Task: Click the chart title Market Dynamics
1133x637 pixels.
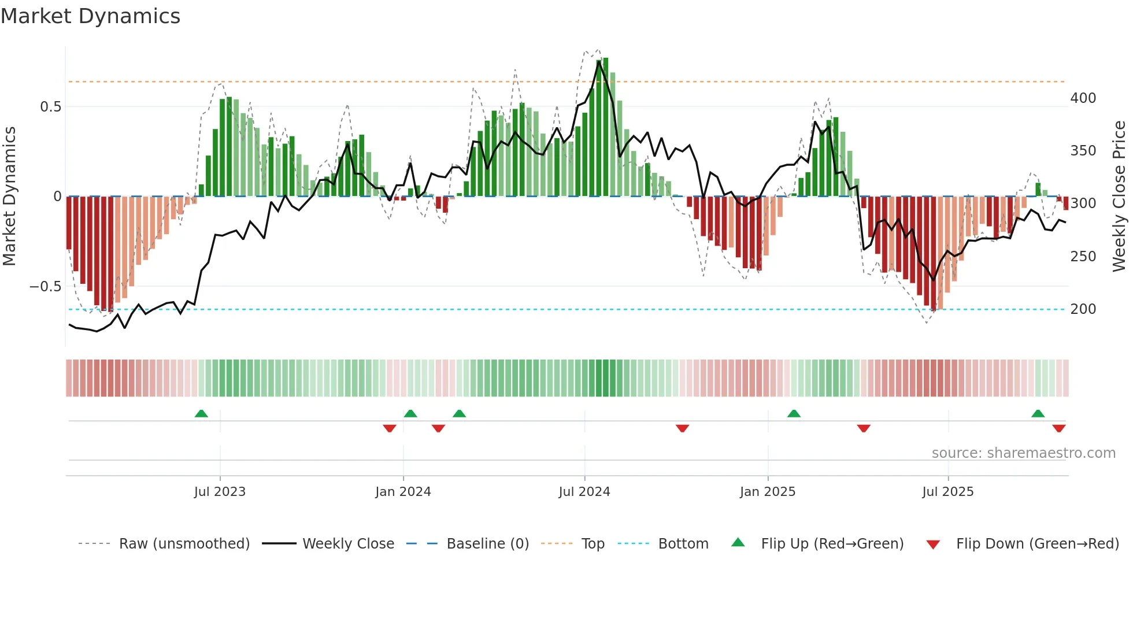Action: (91, 16)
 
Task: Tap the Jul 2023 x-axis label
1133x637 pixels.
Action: (220, 492)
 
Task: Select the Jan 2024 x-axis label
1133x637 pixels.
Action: (403, 492)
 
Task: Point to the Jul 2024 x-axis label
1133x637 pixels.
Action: (584, 492)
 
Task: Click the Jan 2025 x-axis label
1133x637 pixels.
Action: (768, 492)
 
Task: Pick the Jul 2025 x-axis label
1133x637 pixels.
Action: (948, 492)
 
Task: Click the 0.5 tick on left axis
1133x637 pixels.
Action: (51, 107)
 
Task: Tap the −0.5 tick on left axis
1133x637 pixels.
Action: (46, 287)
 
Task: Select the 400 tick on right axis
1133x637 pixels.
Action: (1083, 98)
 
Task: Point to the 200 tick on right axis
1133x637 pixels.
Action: (1083, 309)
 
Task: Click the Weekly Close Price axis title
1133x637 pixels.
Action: (1119, 197)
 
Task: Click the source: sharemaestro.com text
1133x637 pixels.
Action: (1023, 453)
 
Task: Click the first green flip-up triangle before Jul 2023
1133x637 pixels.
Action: (201, 414)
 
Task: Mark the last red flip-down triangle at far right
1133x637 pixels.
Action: (1059, 428)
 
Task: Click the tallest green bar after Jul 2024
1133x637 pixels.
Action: (605, 127)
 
